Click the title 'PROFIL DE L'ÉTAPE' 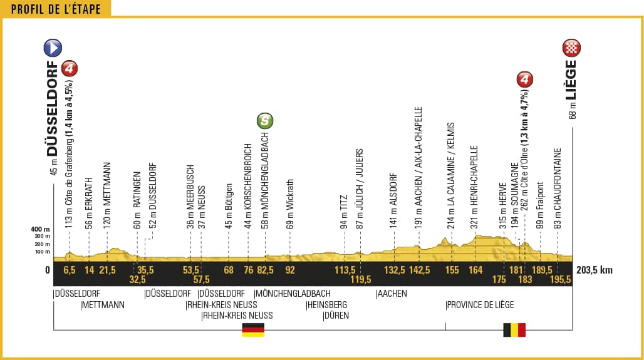point(56,9)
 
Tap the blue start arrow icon point(52,48)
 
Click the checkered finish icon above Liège point(572,48)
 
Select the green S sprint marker point(265,121)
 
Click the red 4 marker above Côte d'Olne point(525,80)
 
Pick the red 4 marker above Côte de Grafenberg point(70,68)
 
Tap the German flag point(253,330)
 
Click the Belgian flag point(514,330)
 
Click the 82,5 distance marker point(265,270)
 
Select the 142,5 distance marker point(419,270)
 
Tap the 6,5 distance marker point(69,270)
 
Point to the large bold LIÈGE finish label point(571,81)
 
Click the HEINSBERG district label point(326,305)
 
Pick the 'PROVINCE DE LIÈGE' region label point(479,305)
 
